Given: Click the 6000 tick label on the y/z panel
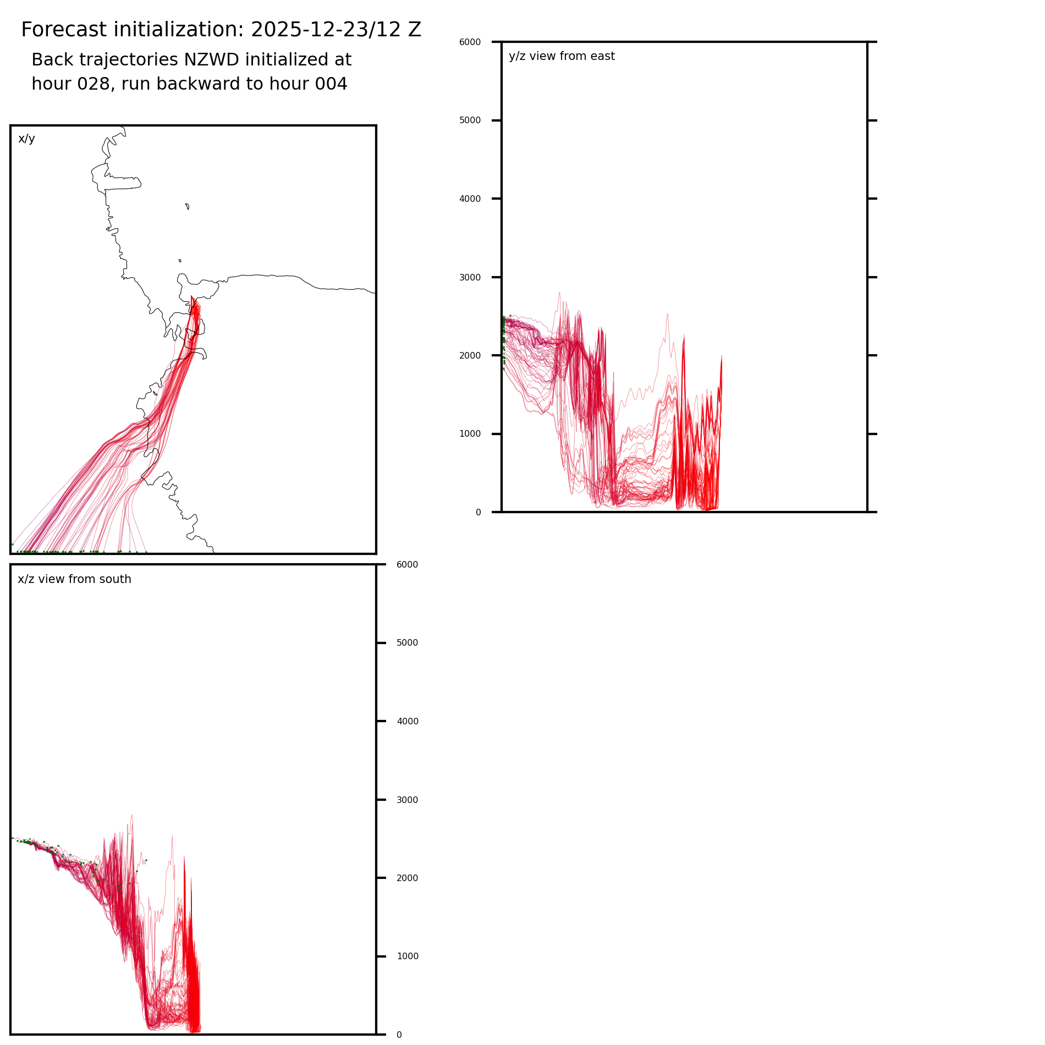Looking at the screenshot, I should [x=470, y=42].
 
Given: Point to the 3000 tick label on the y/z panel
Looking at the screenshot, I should [x=470, y=277].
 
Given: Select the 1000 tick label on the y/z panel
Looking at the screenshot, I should [x=470, y=434].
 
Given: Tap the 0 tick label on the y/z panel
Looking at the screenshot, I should [x=478, y=513].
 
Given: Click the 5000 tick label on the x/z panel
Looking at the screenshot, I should [x=407, y=643].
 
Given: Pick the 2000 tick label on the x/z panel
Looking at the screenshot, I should [x=407, y=878].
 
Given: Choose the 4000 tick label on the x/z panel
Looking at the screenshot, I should [x=407, y=722].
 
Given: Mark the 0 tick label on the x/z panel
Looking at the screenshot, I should [x=399, y=1035].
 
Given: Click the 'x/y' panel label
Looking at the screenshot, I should [x=26, y=139].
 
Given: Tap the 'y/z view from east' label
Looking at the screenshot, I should [x=562, y=56].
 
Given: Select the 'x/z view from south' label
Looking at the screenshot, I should [x=74, y=579].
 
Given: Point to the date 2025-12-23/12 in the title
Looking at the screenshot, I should [x=320, y=30].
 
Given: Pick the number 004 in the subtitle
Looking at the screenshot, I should [x=331, y=84].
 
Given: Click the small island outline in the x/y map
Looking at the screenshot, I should [x=188, y=206].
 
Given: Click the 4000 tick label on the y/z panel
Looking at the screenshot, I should [x=470, y=199].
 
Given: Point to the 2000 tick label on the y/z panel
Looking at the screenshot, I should [x=470, y=356].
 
